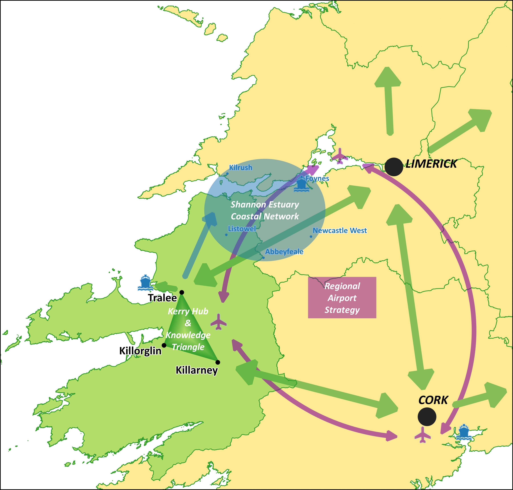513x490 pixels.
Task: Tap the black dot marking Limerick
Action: (394, 167)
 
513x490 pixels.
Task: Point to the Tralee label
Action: (162, 298)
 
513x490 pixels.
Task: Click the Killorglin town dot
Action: (164, 345)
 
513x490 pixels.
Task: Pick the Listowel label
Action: (242, 229)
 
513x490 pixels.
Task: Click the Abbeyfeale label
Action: (284, 252)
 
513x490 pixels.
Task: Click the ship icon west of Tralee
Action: (145, 283)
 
